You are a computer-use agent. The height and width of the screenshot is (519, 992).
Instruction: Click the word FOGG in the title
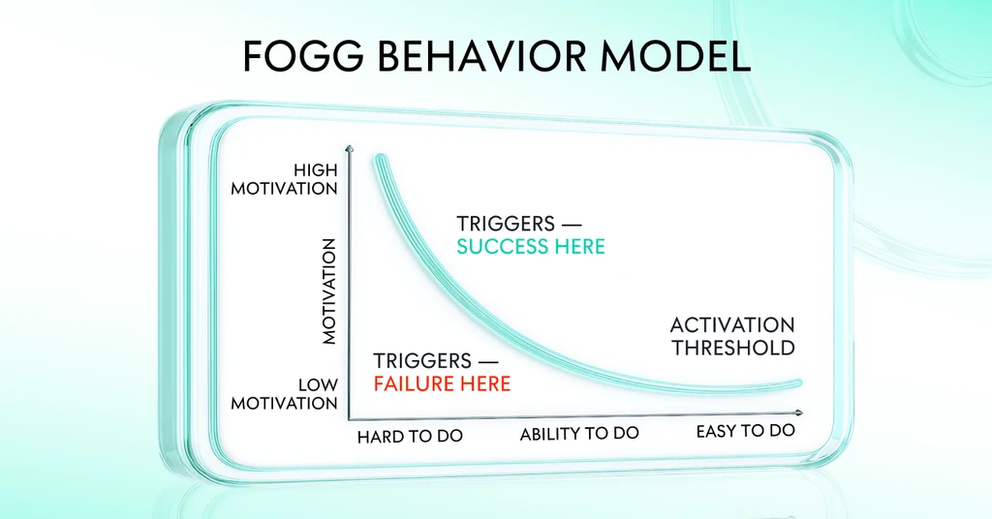(303, 55)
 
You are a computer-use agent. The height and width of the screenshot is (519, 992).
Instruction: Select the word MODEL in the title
(675, 55)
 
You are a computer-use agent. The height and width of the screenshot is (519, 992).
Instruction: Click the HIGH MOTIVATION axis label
(284, 179)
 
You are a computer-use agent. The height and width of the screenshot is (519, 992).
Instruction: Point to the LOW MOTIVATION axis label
(284, 394)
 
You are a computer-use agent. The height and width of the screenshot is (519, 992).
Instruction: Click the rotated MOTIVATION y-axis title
(329, 291)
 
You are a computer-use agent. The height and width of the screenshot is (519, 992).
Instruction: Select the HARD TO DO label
(410, 436)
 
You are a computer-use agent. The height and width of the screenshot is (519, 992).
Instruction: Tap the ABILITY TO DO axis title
(579, 434)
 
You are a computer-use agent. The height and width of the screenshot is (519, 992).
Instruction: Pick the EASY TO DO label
(745, 431)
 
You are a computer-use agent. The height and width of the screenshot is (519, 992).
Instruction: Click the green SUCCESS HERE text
(531, 246)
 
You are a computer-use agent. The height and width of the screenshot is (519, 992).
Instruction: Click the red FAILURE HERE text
(442, 383)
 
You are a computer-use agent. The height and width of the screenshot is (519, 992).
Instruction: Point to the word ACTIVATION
(732, 325)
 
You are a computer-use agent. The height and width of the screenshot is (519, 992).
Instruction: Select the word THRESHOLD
(733, 348)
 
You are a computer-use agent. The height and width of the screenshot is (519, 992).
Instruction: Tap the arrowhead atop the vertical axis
(349, 149)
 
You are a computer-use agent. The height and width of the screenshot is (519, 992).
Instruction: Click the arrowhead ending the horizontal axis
(799, 412)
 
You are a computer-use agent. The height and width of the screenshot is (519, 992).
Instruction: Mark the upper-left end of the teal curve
(380, 159)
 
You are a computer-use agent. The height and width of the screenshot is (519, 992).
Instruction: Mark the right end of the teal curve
(798, 383)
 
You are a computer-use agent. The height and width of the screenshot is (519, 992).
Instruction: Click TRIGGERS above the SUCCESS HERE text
(506, 224)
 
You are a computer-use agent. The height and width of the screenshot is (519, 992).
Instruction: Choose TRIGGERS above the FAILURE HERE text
(422, 361)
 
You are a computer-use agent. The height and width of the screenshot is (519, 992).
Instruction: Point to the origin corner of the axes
(349, 418)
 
